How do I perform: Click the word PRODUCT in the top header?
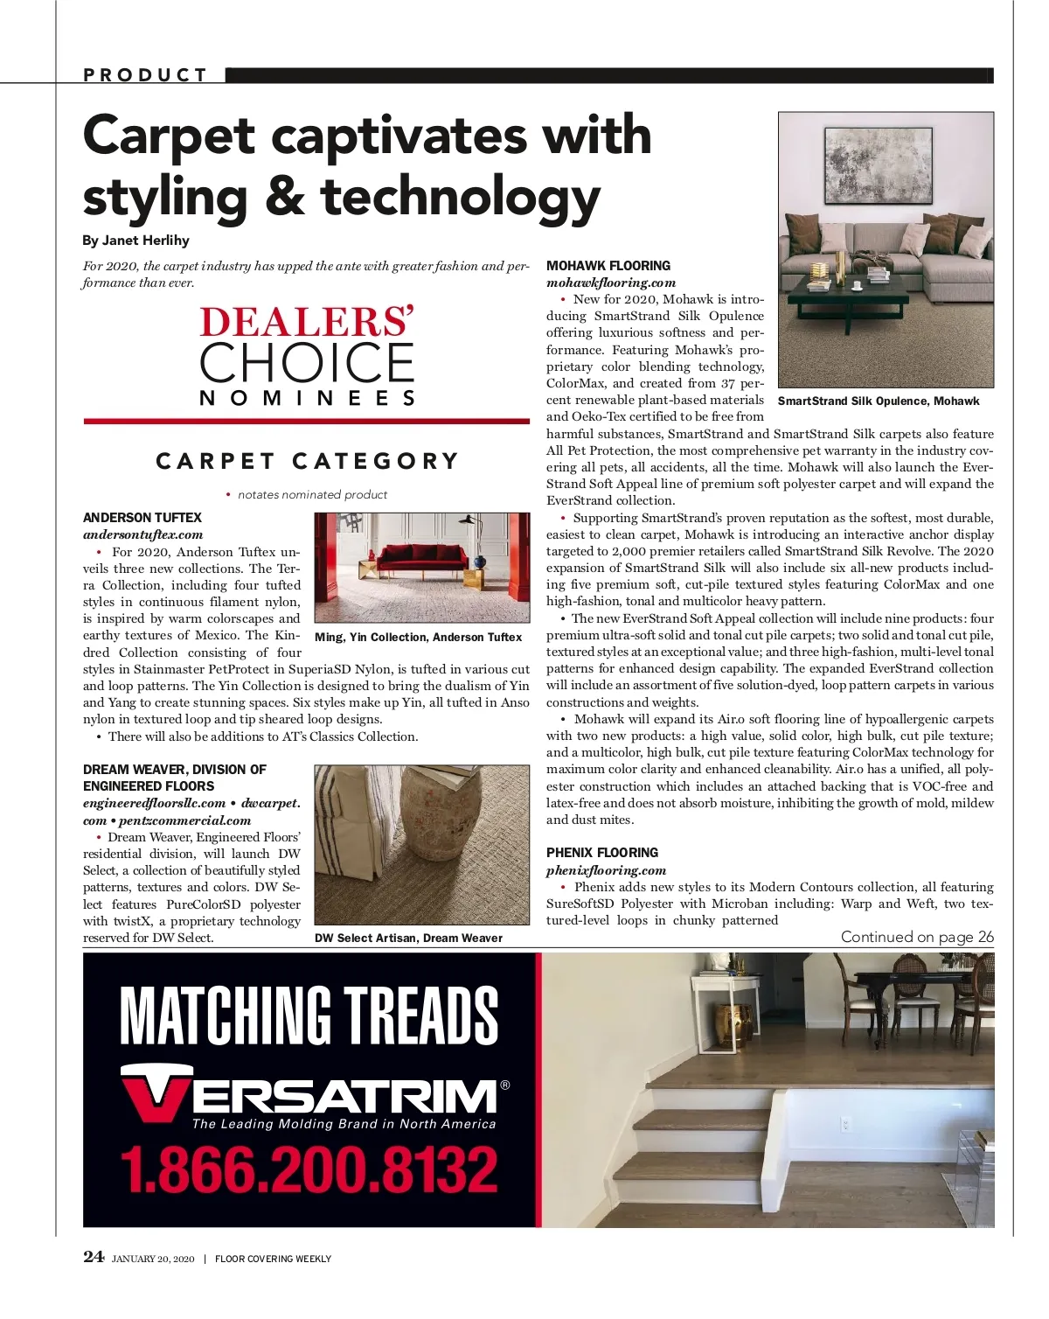145,75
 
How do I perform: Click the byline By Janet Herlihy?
135,241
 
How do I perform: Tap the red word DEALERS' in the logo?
306,322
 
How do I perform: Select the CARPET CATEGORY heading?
307,461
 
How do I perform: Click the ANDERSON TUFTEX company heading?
142,518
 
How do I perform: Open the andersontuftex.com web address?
142,534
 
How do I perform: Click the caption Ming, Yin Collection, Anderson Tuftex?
418,638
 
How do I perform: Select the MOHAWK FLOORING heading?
608,266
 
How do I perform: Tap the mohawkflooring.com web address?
611,283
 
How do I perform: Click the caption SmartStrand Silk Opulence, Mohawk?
879,401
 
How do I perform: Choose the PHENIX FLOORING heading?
602,853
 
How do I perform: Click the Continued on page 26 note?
917,937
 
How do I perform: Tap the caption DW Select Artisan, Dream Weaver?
408,939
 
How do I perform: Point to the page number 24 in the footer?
93,1258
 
